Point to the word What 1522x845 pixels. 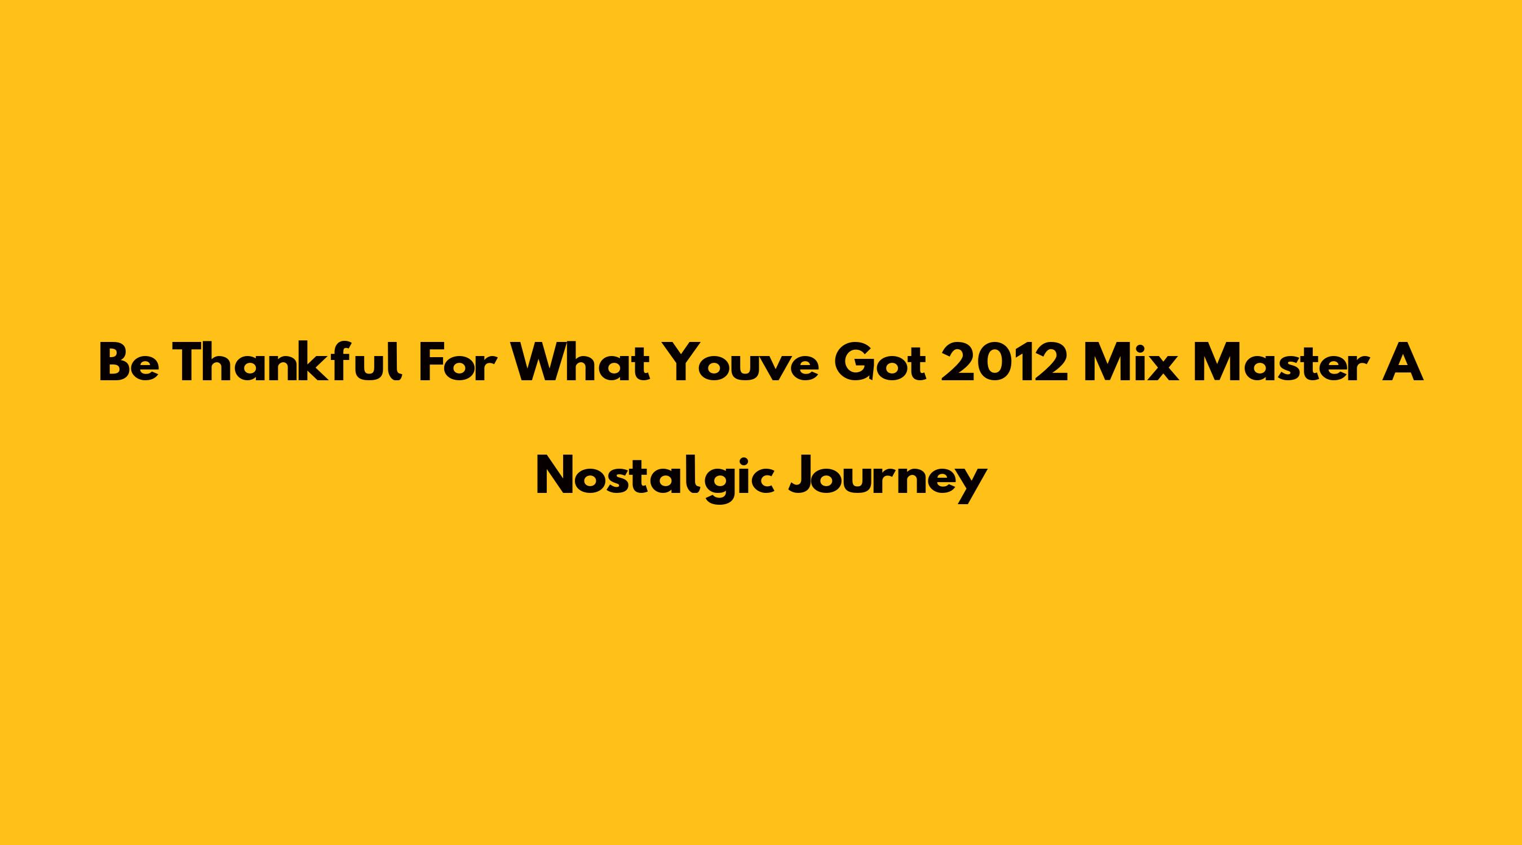(x=580, y=362)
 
